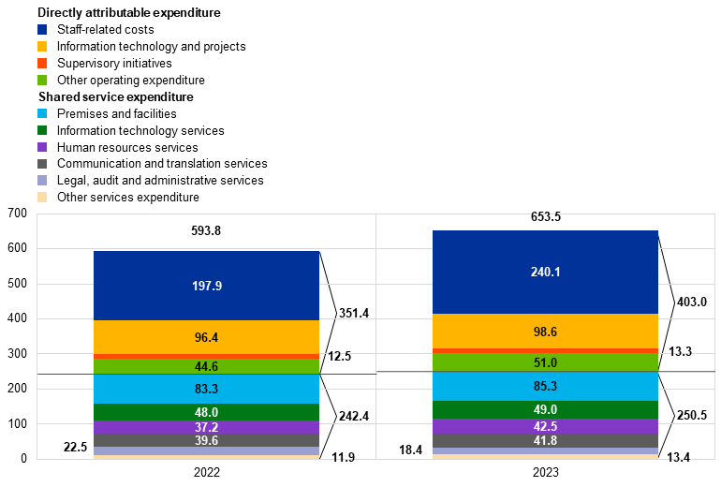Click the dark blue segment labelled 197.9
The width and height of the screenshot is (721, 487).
pyautogui.click(x=206, y=286)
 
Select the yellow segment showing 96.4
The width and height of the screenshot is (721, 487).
pyautogui.click(x=206, y=337)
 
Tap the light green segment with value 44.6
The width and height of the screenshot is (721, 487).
pyautogui.click(x=206, y=367)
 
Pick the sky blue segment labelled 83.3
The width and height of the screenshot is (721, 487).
pyautogui.click(x=206, y=389)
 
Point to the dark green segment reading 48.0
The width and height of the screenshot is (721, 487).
pyautogui.click(x=206, y=412)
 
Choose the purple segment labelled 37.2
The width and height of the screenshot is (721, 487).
pyautogui.click(x=206, y=427)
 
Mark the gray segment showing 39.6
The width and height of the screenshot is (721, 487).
pyautogui.click(x=206, y=440)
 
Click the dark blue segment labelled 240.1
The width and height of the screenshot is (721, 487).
pyautogui.click(x=545, y=272)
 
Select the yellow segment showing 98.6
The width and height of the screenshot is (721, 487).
pyautogui.click(x=545, y=332)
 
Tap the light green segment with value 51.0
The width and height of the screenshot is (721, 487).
pyautogui.click(x=545, y=362)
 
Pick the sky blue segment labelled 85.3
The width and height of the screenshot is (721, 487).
pyautogui.click(x=545, y=386)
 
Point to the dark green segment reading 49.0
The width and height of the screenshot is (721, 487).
pyautogui.click(x=545, y=409)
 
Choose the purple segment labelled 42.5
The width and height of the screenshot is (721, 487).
pyautogui.click(x=545, y=426)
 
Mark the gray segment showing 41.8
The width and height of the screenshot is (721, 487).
pyautogui.click(x=545, y=440)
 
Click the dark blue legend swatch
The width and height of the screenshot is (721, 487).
pyautogui.click(x=42, y=30)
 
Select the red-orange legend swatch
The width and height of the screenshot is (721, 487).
pyautogui.click(x=42, y=64)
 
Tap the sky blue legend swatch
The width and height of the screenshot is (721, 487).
pyautogui.click(x=42, y=113)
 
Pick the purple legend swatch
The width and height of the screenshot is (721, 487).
pyautogui.click(x=42, y=147)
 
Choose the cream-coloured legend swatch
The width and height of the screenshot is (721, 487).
pyautogui.click(x=42, y=198)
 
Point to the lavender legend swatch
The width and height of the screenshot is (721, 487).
pyautogui.click(x=42, y=181)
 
